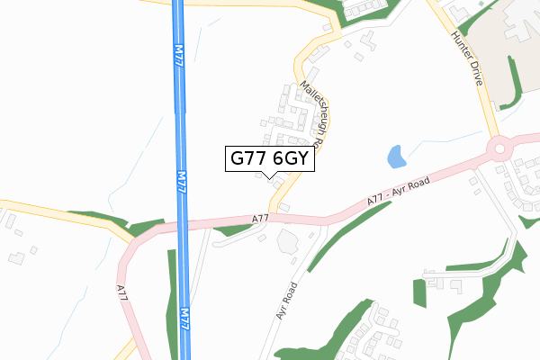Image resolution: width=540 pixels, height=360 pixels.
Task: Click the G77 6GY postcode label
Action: pyautogui.click(x=269, y=158)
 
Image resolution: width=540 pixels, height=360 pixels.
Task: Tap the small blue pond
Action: pyautogui.click(x=396, y=157)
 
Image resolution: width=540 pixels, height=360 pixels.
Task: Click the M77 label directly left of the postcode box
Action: pyautogui.click(x=182, y=184)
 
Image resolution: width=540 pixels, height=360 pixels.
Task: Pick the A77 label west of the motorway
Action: pyautogui.click(x=123, y=297)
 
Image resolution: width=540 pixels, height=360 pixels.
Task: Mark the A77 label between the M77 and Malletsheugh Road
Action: pyautogui.click(x=260, y=218)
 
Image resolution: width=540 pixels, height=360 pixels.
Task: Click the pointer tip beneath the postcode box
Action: pyautogui.click(x=269, y=176)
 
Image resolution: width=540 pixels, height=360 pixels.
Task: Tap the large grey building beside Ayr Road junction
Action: pyautogui.click(x=288, y=241)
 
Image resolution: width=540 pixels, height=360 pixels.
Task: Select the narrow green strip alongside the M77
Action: pyautogui.click(x=171, y=297)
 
